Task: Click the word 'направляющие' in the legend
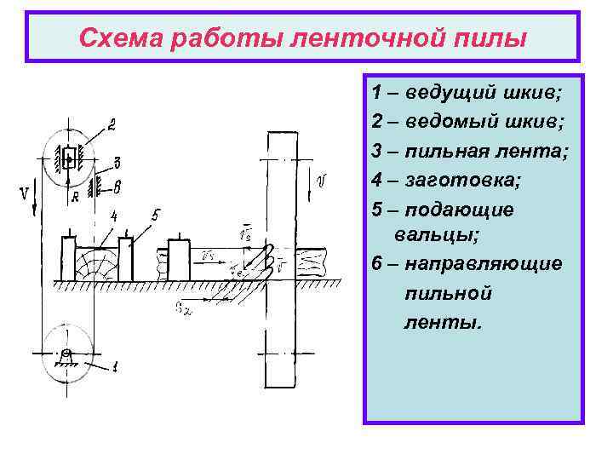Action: point(484,263)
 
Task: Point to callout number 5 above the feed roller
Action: point(155,215)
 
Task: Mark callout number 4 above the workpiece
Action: point(113,218)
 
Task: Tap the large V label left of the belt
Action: point(24,195)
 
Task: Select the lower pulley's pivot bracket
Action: point(66,358)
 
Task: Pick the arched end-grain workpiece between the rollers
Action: point(98,262)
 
